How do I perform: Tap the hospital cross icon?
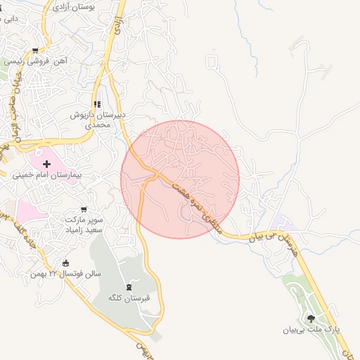point(46,163)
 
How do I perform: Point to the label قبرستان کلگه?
point(126,298)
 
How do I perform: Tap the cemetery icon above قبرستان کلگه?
point(128,287)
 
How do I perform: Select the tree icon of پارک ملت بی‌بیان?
point(311,318)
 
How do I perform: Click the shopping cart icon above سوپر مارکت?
point(84,210)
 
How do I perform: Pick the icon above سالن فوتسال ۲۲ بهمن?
point(66,263)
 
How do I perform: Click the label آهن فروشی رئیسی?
point(38,61)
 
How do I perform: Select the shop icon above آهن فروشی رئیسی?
point(36,50)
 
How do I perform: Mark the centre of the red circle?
point(180,179)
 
